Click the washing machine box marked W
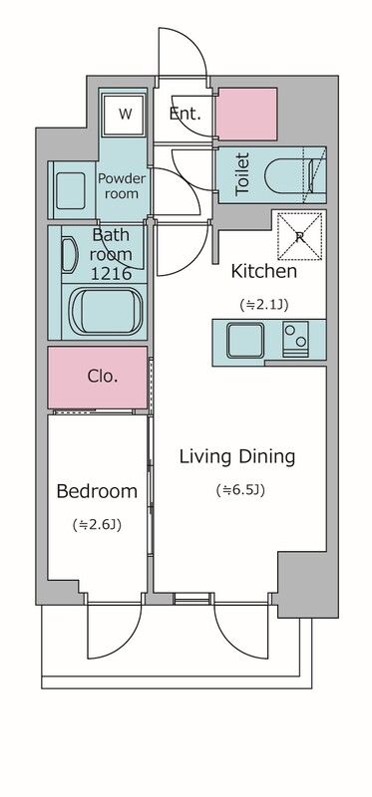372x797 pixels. pyautogui.click(x=125, y=114)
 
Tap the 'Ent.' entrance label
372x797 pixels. pyautogui.click(x=186, y=114)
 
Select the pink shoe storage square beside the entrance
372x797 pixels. pyautogui.click(x=246, y=114)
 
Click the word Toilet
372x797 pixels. pyautogui.click(x=242, y=174)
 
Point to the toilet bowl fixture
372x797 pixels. pyautogui.click(x=291, y=176)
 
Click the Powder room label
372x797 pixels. pyautogui.click(x=122, y=186)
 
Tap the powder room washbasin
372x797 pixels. pyautogui.click(x=71, y=190)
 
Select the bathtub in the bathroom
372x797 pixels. pyautogui.click(x=105, y=312)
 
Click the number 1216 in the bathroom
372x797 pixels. pyautogui.click(x=111, y=273)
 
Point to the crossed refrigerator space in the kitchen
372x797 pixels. pyautogui.click(x=300, y=236)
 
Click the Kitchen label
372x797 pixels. pyautogui.click(x=263, y=271)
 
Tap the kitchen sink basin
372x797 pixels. pyautogui.click(x=245, y=340)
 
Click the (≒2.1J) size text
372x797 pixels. pyautogui.click(x=264, y=305)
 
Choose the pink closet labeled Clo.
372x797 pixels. pyautogui.click(x=98, y=378)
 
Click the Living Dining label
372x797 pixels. pyautogui.click(x=237, y=457)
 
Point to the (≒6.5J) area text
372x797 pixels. pyautogui.click(x=240, y=490)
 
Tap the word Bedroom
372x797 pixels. pyautogui.click(x=97, y=491)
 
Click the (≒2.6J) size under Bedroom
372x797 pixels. pyautogui.click(x=97, y=525)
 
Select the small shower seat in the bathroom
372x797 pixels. pyautogui.click(x=70, y=257)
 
